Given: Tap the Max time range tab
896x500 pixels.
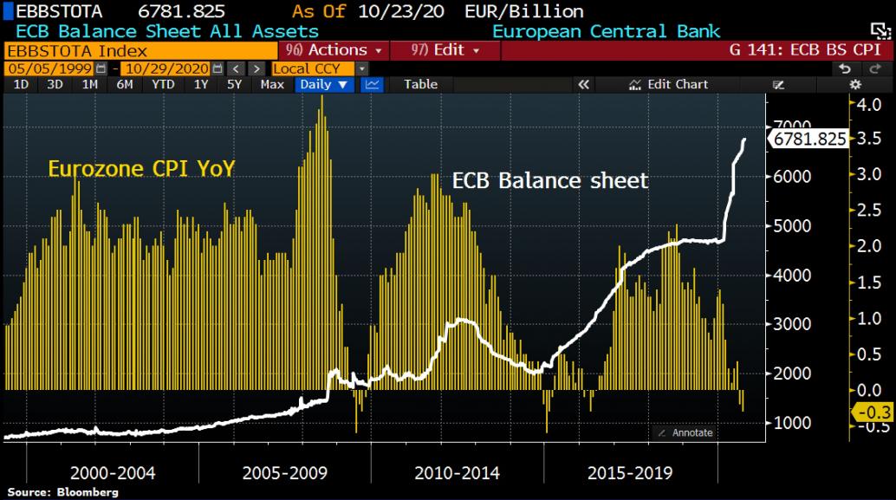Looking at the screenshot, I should pos(272,84).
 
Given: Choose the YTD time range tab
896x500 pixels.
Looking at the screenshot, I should pos(163,84).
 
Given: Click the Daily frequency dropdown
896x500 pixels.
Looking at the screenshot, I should pos(325,84).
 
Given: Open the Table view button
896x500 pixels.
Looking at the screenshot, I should pos(420,84).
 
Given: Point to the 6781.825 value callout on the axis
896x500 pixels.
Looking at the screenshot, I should pos(809,139).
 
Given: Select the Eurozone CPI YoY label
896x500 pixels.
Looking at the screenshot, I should pos(140,168).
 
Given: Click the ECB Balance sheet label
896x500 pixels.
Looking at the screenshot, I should pos(550,180).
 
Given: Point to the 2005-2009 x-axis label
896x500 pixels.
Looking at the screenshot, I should pos(285,473).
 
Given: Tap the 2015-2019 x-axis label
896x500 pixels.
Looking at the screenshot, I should pos(630,473).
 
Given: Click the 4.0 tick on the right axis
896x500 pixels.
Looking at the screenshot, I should pos(869,105).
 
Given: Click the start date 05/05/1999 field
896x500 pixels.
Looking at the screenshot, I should pos(50,68).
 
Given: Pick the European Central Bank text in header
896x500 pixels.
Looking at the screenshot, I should pos(606,31).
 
